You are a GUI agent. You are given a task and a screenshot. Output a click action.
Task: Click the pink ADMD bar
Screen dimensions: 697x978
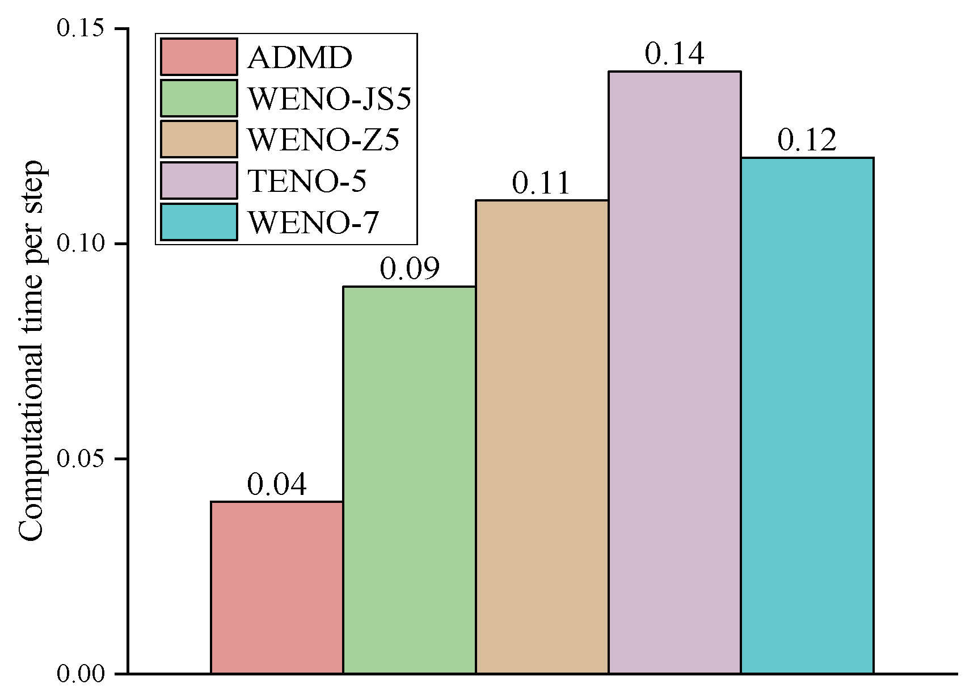pos(277,587)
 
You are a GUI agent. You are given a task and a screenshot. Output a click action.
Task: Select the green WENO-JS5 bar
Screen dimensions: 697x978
pos(410,480)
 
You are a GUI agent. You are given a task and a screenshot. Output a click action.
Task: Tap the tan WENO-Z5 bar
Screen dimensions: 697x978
pos(542,437)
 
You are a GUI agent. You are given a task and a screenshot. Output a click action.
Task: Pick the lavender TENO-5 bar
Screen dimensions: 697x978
pos(675,372)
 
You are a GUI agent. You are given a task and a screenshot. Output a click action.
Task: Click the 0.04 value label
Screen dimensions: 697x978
pos(277,485)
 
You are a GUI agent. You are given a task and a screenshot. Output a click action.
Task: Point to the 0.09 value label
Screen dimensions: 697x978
pos(410,269)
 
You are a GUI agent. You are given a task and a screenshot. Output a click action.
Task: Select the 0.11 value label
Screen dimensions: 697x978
pos(541,183)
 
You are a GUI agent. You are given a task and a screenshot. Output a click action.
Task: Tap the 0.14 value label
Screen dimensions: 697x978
pos(675,54)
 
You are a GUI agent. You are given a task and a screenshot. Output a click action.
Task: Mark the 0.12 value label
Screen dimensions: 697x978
pos(807,140)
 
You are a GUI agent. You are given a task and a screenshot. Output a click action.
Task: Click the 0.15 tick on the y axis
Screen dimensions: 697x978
pos(81,28)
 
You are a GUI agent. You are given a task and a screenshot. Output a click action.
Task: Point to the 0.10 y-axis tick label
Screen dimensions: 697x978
pos(81,243)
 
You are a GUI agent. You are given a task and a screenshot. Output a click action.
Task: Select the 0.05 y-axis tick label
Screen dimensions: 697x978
pos(81,459)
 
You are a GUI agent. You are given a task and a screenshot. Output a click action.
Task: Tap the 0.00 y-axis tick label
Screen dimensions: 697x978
pos(81,674)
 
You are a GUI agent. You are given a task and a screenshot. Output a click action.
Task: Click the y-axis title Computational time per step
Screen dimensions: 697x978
pos(31,351)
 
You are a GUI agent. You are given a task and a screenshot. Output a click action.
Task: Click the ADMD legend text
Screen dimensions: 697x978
pos(300,57)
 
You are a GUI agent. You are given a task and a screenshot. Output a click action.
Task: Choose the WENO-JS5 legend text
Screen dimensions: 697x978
pos(330,99)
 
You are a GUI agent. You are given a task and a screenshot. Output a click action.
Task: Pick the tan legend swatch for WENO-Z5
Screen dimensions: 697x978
pos(199,139)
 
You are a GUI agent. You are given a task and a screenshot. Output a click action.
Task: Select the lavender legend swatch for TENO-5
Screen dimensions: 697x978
pos(199,180)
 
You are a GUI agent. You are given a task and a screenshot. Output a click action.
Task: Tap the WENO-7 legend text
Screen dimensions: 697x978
pos(313,222)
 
